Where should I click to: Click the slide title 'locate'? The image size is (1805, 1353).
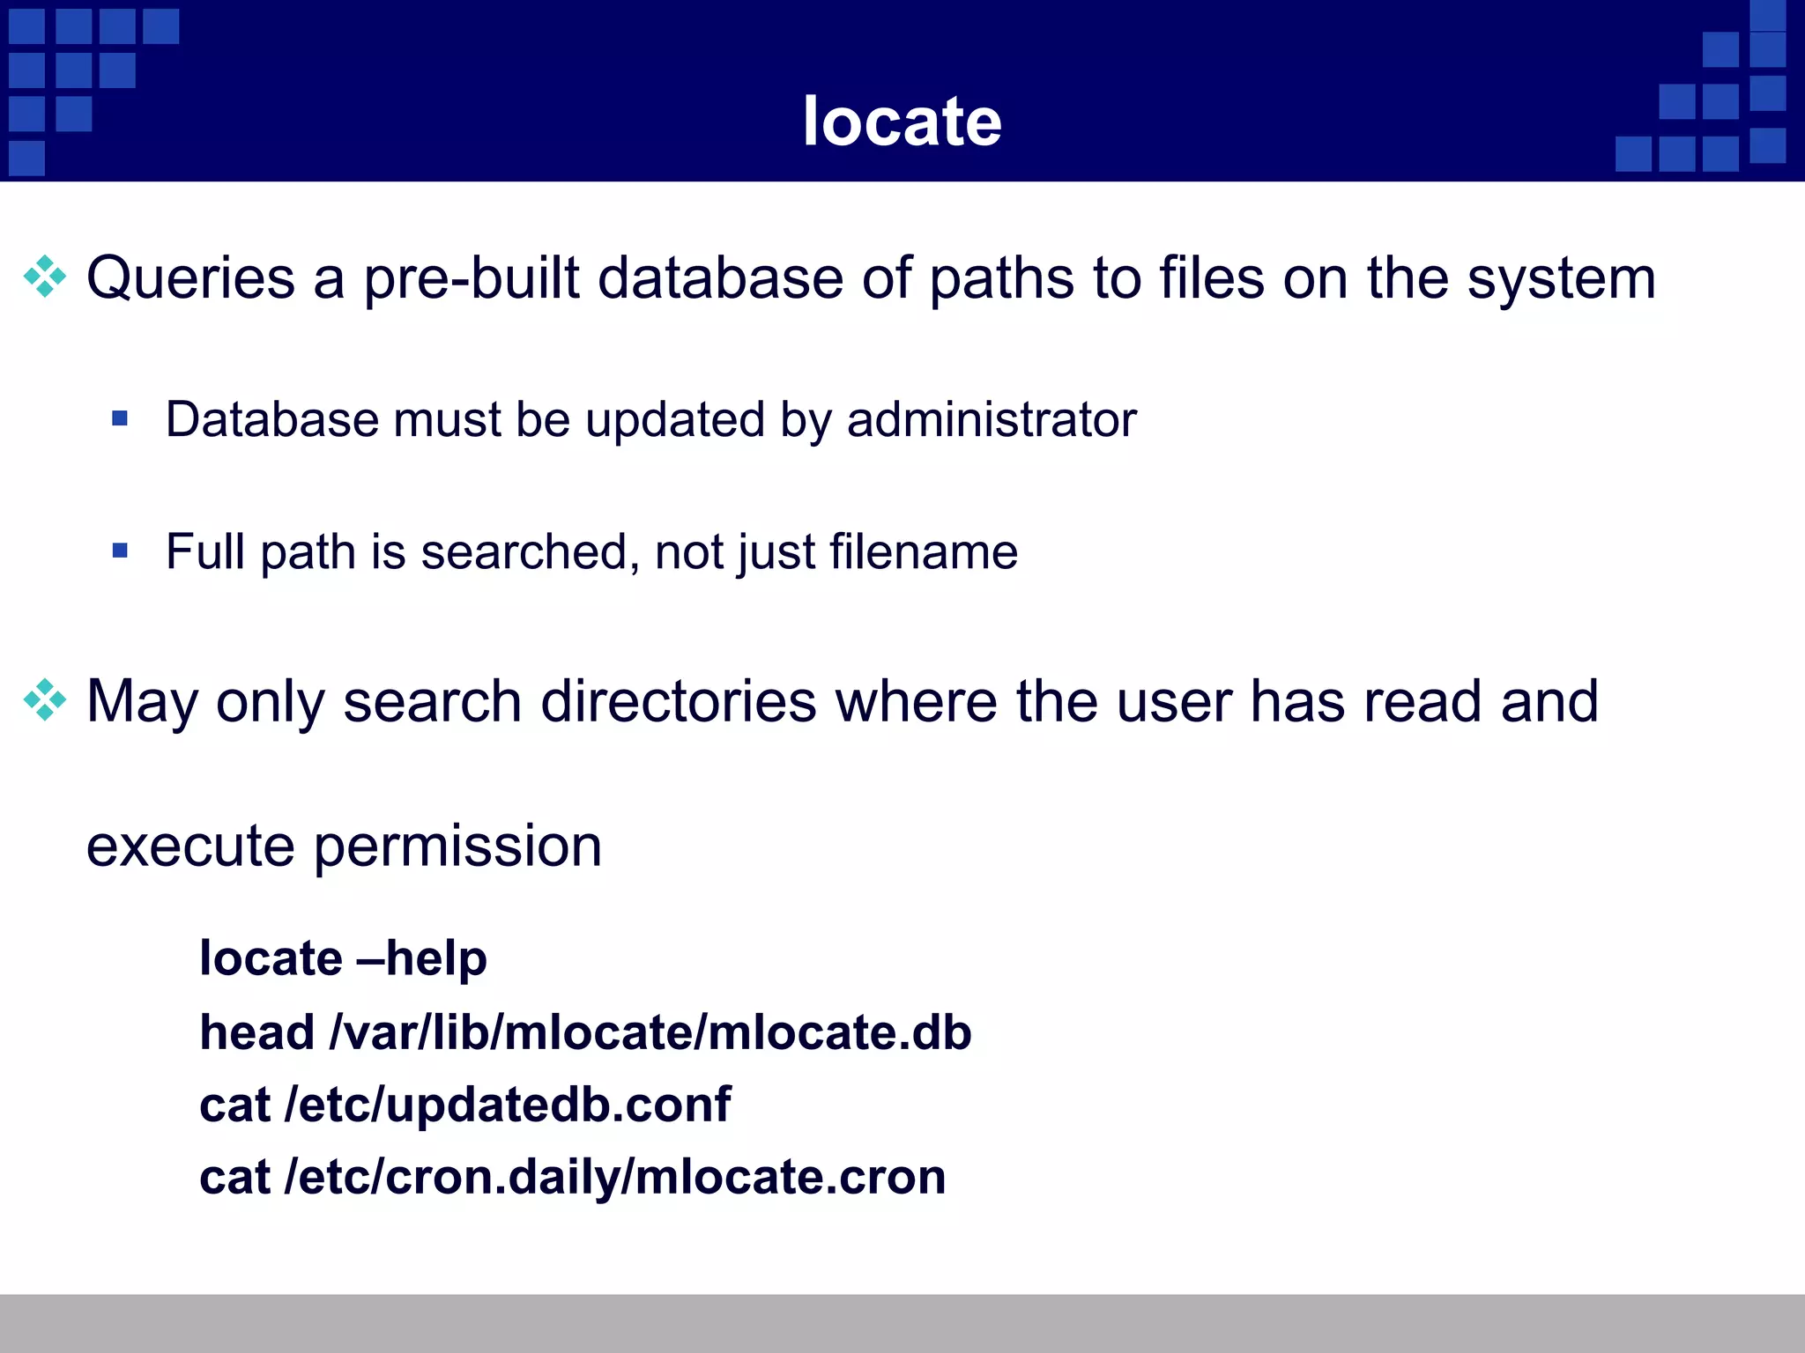point(902,121)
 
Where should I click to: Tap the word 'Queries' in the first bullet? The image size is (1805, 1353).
point(190,278)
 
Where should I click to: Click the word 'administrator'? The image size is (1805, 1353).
point(992,419)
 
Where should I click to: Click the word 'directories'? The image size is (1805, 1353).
point(679,702)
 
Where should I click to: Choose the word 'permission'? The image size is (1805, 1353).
point(457,847)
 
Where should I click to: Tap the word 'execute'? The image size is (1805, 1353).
point(190,847)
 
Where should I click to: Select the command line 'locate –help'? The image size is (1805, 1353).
point(343,958)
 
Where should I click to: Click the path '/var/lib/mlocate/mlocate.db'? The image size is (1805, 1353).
point(650,1031)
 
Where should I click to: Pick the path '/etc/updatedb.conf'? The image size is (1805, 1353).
point(508,1105)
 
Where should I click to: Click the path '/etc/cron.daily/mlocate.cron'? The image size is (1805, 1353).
point(615,1177)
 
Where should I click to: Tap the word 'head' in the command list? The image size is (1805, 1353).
point(256,1031)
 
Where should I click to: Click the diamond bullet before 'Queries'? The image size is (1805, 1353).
point(45,277)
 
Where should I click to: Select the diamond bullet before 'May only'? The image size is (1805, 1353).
point(45,700)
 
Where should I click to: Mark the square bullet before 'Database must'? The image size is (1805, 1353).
point(121,418)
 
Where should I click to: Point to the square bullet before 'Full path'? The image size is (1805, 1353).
point(121,551)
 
